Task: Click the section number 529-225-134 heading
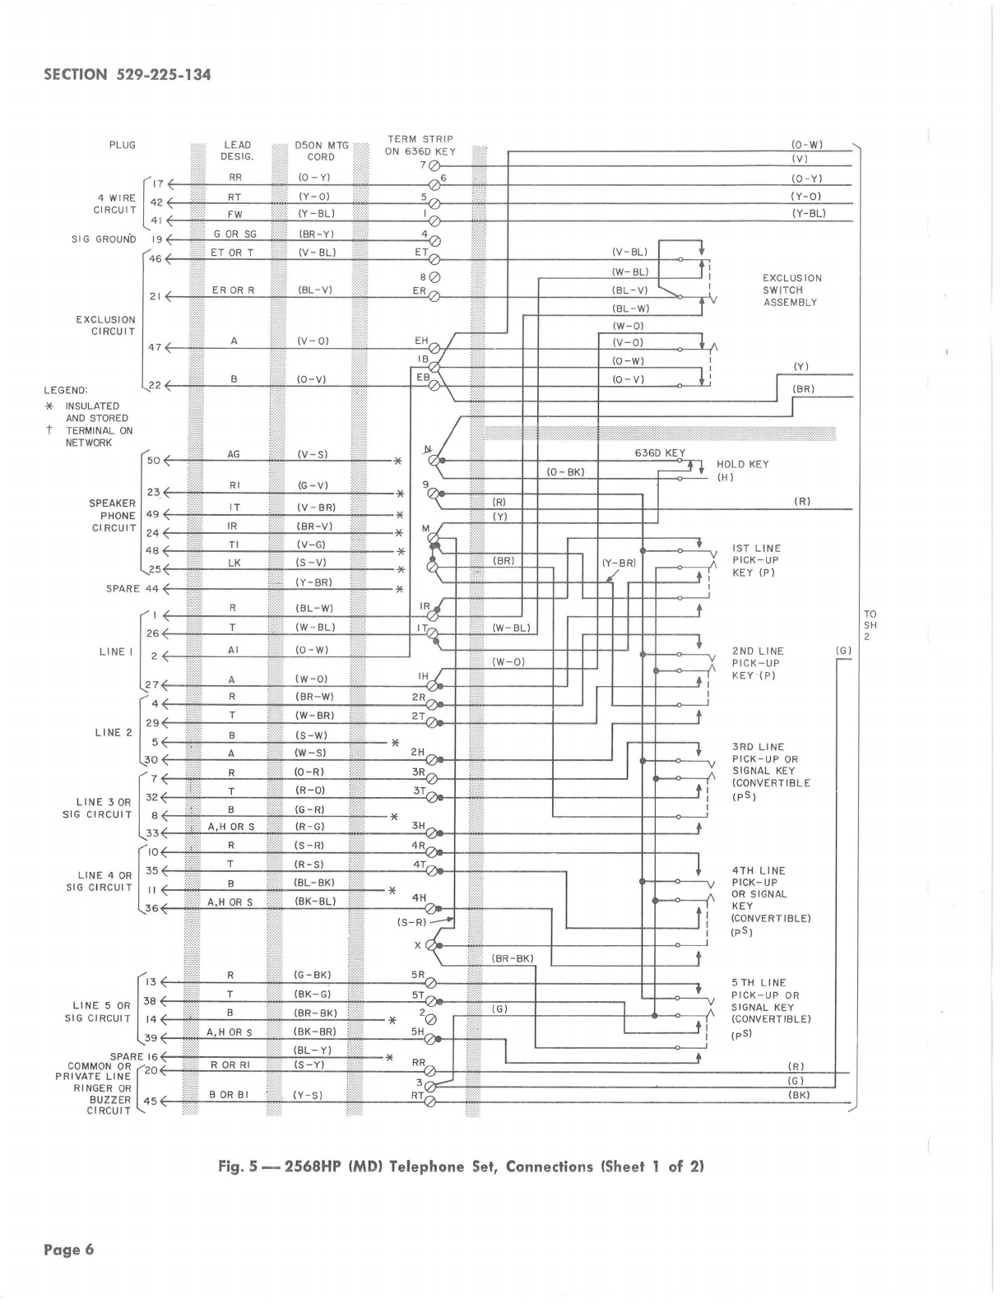[128, 75]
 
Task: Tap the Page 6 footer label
[69, 1250]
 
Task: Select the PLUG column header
[122, 145]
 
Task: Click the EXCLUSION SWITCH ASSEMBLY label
[790, 290]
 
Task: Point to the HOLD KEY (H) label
[742, 470]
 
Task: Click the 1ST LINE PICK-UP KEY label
[755, 560]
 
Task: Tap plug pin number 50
[153, 460]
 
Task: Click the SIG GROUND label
[103, 239]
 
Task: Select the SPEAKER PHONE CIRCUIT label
[112, 516]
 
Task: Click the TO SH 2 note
[870, 625]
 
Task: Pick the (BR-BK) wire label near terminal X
[512, 958]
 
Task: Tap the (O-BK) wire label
[565, 471]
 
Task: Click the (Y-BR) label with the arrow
[618, 563]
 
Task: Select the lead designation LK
[234, 563]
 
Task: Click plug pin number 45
[151, 1101]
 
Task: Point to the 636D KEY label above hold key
[659, 453]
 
